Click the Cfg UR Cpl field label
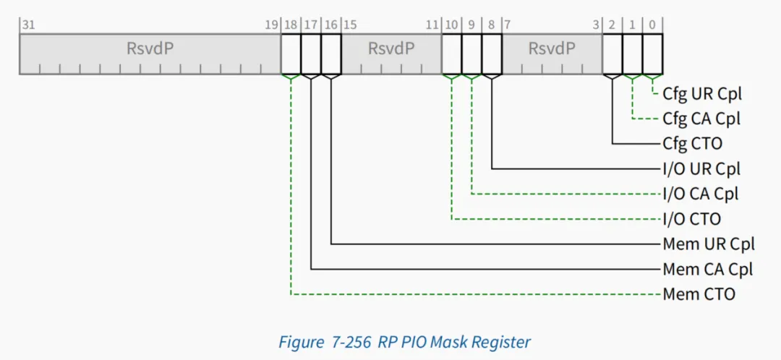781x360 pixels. tap(702, 93)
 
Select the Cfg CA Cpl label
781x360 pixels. tap(701, 119)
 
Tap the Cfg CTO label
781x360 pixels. tap(693, 144)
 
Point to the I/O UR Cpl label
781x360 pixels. tap(701, 169)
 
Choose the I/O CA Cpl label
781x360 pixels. tap(700, 194)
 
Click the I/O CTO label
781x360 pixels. tap(692, 218)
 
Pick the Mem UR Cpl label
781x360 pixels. tap(709, 244)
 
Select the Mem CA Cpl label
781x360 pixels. tap(708, 270)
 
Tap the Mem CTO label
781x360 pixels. tap(699, 294)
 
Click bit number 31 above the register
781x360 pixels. tap(28, 25)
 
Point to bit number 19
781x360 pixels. tap(271, 25)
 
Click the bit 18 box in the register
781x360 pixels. tap(291, 54)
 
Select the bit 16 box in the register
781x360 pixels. tap(331, 54)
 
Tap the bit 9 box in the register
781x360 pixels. tap(471, 54)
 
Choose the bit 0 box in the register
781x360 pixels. tap(652, 54)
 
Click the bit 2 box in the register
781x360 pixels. tap(613, 54)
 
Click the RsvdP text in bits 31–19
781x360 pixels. tap(150, 49)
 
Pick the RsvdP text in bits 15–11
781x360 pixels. tap(391, 49)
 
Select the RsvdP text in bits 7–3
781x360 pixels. tap(552, 49)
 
